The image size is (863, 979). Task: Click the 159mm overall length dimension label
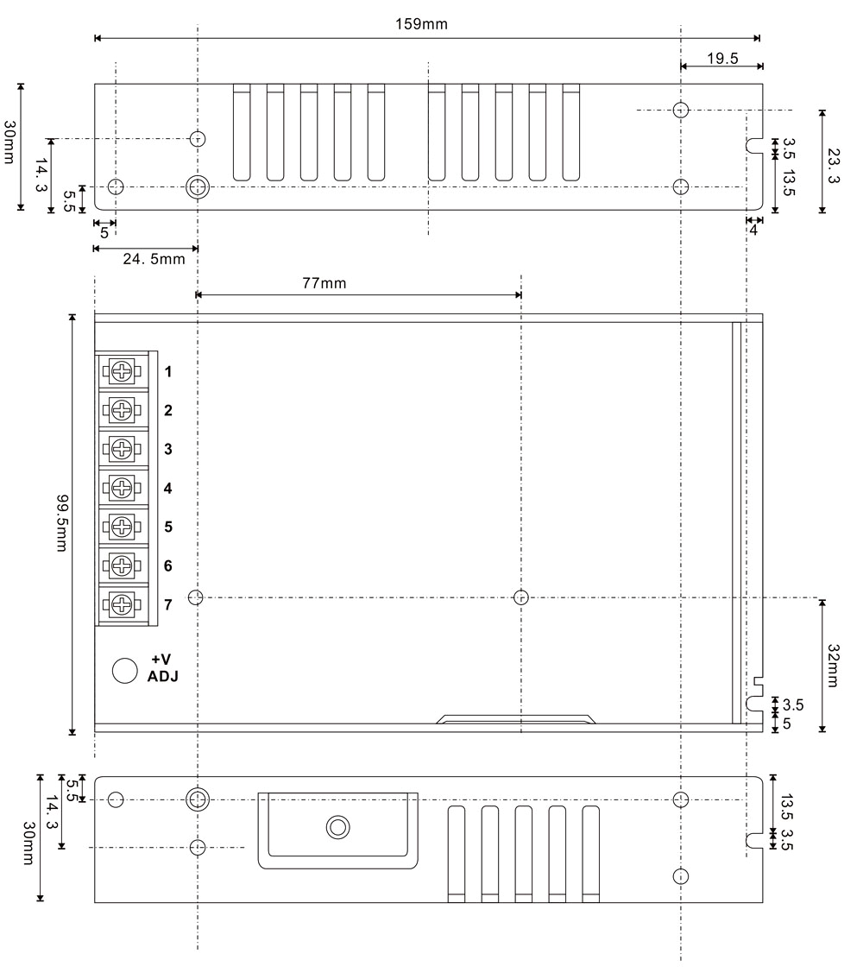(421, 24)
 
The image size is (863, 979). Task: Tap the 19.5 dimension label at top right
(722, 59)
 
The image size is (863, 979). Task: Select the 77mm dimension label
(324, 283)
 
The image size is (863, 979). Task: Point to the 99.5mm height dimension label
(62, 523)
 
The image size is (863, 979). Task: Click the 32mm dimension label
(833, 666)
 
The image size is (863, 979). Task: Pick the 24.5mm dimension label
(154, 258)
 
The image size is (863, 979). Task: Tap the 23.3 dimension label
(833, 166)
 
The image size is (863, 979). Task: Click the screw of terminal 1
(122, 371)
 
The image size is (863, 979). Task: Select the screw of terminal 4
(122, 488)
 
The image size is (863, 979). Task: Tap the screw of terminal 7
(122, 604)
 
